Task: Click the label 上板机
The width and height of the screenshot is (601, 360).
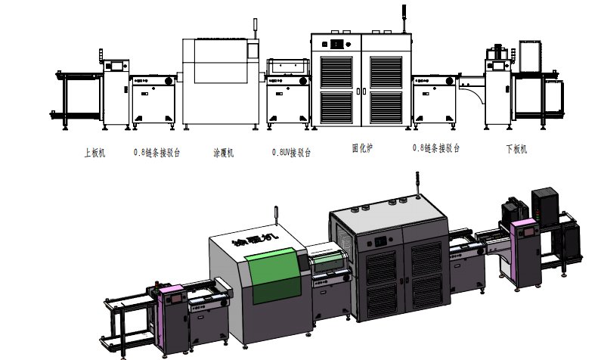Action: coord(95,151)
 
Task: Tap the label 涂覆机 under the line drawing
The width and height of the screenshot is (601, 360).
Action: coord(223,152)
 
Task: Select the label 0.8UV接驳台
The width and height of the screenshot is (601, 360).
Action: coord(291,152)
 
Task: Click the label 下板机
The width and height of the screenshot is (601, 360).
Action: coord(516,149)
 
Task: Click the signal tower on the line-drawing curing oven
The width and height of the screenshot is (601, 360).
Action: coord(403,17)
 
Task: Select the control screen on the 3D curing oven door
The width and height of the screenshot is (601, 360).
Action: coord(378,241)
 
